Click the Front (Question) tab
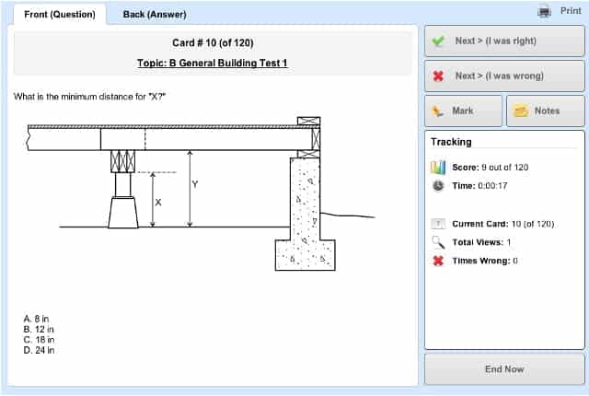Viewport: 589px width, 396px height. coord(57,14)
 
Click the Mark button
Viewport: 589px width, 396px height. coord(463,111)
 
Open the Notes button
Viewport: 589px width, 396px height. coord(546,111)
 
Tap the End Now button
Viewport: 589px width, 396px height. coord(503,369)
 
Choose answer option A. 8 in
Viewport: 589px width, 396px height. coord(38,320)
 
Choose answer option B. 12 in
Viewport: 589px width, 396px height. coord(40,330)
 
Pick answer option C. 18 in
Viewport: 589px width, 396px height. coord(40,340)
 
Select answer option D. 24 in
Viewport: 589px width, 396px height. coord(40,350)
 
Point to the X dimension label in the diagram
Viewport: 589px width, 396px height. coord(157,202)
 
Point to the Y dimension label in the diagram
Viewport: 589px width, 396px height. coord(194,184)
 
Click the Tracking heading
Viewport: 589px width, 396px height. coord(451,142)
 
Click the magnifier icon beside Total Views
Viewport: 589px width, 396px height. coord(438,242)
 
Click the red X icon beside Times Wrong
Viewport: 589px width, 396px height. coord(438,261)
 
